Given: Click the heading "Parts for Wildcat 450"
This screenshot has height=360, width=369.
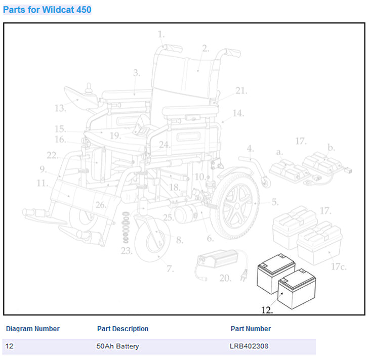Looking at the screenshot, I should [47, 10].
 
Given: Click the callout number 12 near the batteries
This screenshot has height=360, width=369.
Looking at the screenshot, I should [267, 310].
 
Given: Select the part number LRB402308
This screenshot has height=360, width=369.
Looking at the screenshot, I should [249, 346].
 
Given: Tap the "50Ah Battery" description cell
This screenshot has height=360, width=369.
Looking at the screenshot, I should [117, 346].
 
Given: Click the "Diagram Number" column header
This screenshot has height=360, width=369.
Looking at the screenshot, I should [33, 329].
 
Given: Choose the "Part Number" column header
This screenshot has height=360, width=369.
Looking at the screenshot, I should [251, 329].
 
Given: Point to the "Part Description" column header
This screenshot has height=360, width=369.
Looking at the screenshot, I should [122, 329].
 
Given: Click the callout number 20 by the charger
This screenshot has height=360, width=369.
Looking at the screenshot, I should [225, 278].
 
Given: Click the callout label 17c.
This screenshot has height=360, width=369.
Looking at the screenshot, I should [339, 266].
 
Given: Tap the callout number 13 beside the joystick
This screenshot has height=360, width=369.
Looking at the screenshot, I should [60, 108].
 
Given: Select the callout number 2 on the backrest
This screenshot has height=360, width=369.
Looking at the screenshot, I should [205, 49].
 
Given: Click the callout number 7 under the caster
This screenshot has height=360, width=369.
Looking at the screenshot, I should [170, 268].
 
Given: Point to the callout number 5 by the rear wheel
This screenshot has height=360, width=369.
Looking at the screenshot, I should [274, 202].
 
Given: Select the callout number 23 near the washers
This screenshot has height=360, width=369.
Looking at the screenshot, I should [126, 250].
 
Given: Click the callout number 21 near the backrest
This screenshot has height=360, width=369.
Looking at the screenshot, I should [241, 91].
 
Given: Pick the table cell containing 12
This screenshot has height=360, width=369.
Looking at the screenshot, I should [10, 346].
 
